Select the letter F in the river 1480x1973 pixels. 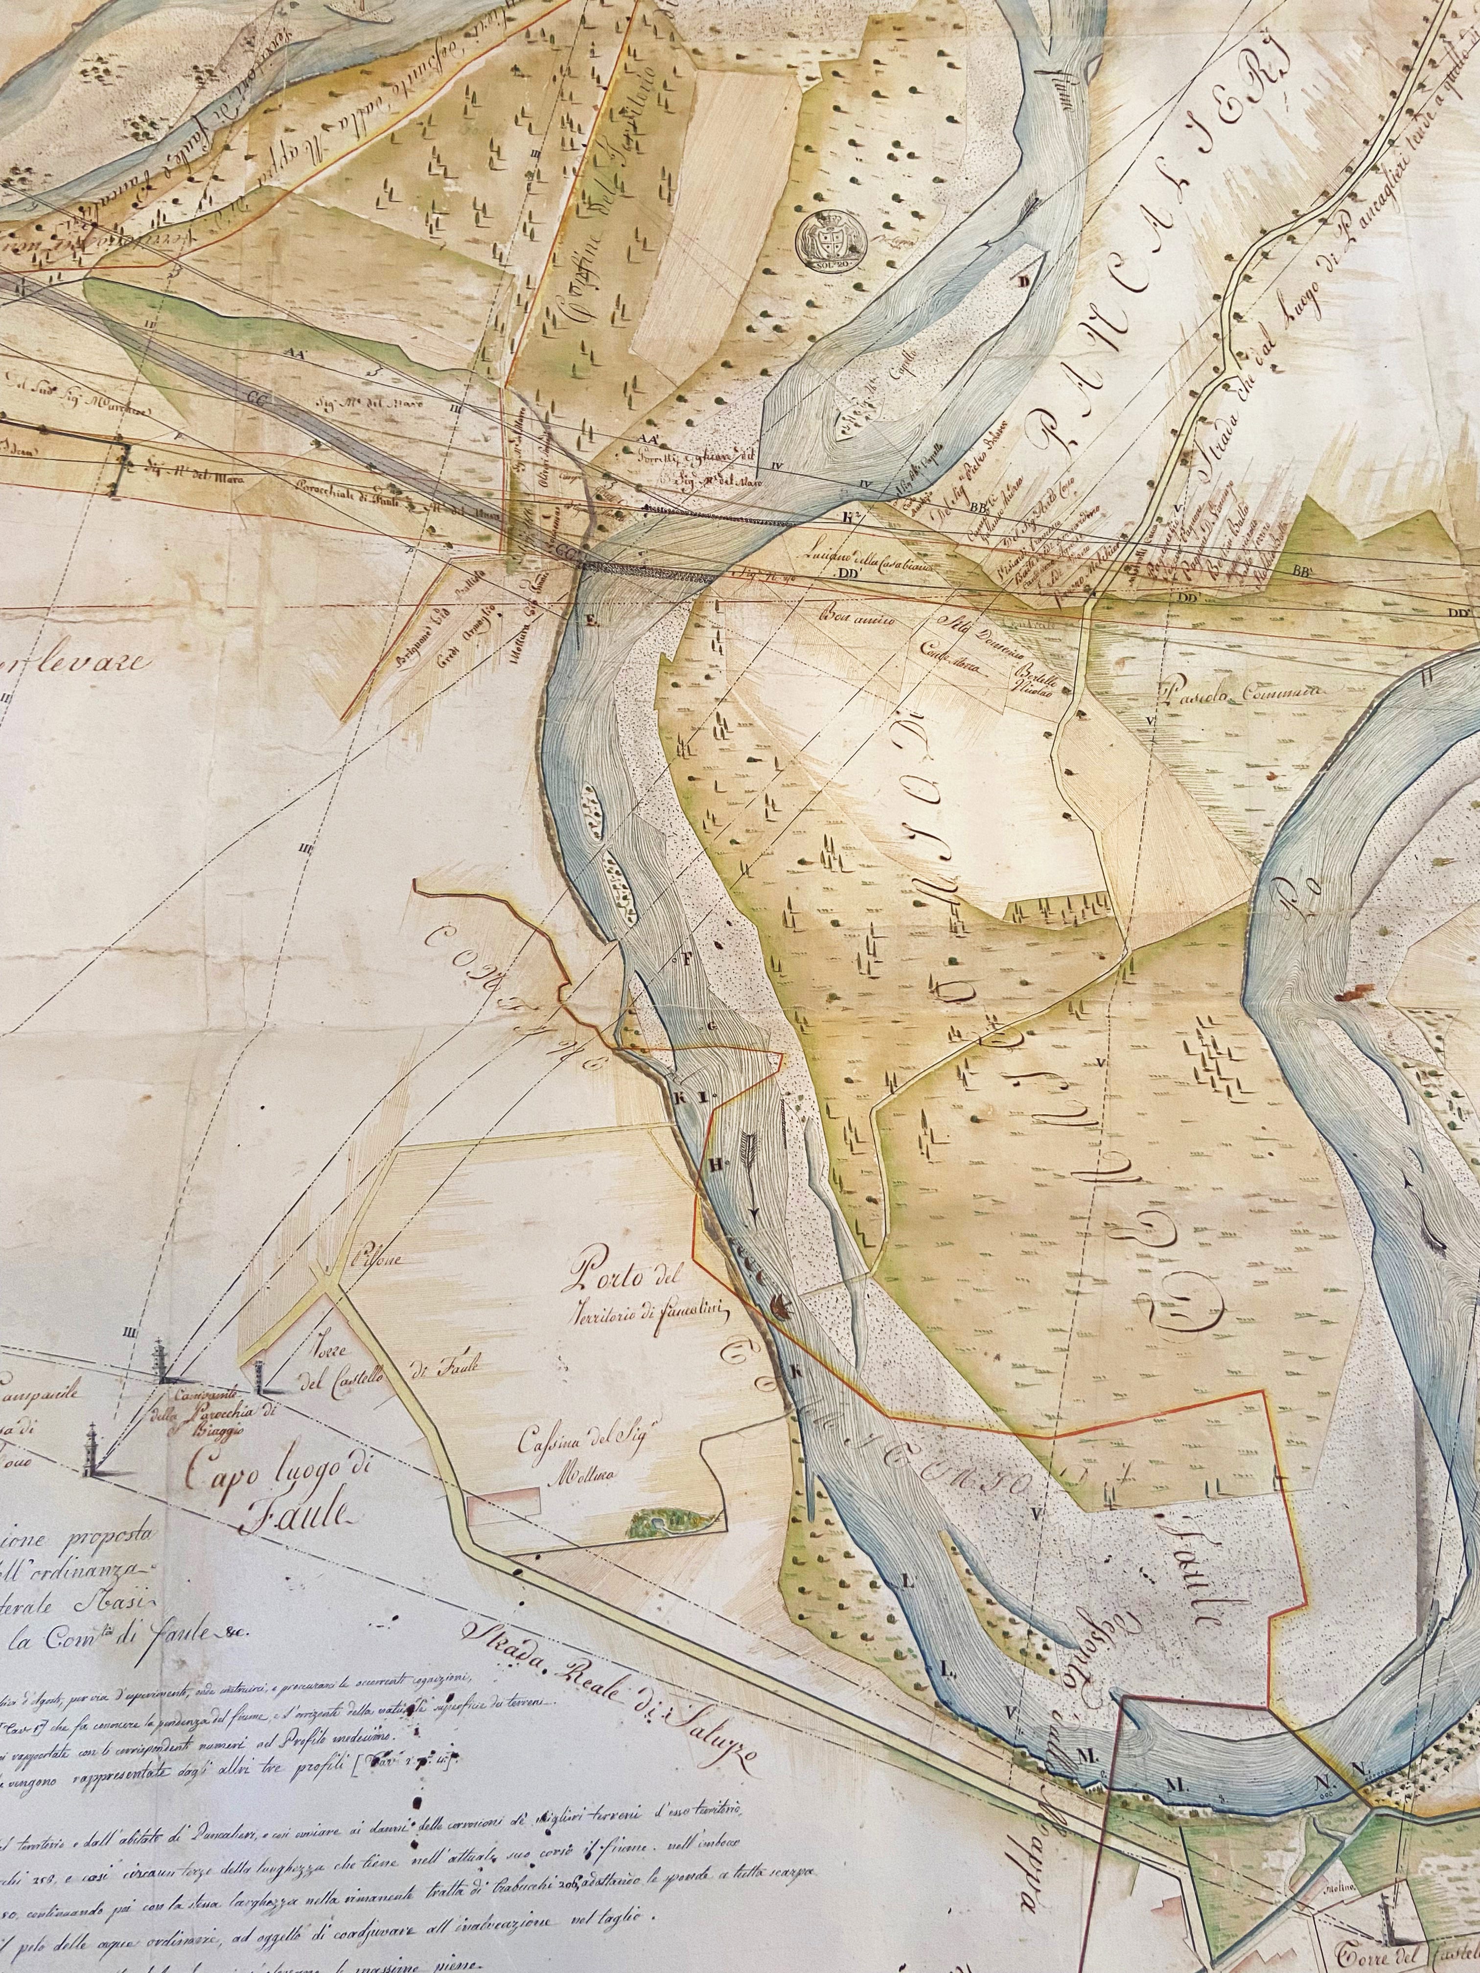tap(687, 960)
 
